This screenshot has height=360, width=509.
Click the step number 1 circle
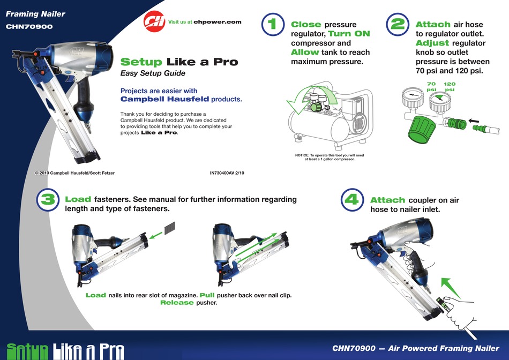272,25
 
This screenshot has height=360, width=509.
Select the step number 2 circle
397,25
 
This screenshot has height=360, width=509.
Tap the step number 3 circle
47,200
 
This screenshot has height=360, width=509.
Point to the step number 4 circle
351,200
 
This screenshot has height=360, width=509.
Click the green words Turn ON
349,34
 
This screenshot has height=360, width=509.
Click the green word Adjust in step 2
432,43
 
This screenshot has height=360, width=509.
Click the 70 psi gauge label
431,86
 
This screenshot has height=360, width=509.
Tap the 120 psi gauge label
450,86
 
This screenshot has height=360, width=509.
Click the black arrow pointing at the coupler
474,121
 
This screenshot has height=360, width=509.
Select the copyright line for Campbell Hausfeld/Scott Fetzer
74,173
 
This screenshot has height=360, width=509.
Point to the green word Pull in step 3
207,295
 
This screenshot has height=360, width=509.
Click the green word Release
177,303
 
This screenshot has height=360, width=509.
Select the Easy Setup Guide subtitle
153,73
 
